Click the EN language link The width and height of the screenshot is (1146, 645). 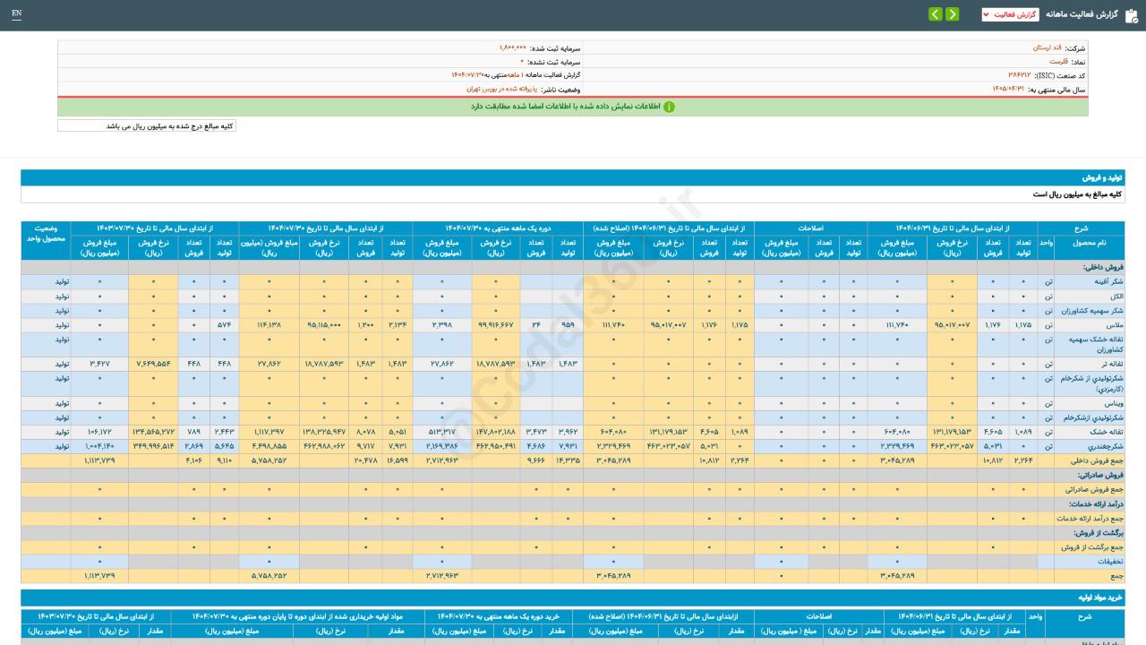tap(17, 13)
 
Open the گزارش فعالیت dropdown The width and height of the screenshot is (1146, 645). tap(1010, 14)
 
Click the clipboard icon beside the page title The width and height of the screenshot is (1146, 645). tap(1131, 14)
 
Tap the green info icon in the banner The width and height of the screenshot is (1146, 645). tap(669, 107)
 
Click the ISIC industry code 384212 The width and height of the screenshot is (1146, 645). tap(1019, 75)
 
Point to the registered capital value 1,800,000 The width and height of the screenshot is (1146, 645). tap(513, 47)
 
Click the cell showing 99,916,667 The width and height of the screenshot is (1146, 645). tap(495, 324)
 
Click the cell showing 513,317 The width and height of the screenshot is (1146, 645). tap(441, 432)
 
